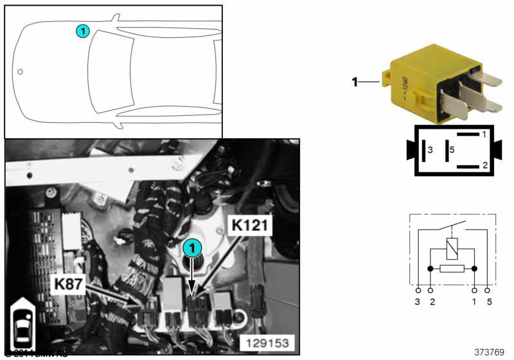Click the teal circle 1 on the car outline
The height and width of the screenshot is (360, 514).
click(82, 31)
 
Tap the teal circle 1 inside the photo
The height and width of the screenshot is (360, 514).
click(191, 247)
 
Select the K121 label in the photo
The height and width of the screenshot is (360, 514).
click(250, 226)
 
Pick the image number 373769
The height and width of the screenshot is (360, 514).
click(489, 352)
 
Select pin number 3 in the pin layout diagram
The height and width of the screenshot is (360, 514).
click(430, 150)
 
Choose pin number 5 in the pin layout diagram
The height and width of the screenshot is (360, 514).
click(452, 150)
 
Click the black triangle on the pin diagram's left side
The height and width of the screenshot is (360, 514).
click(409, 150)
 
